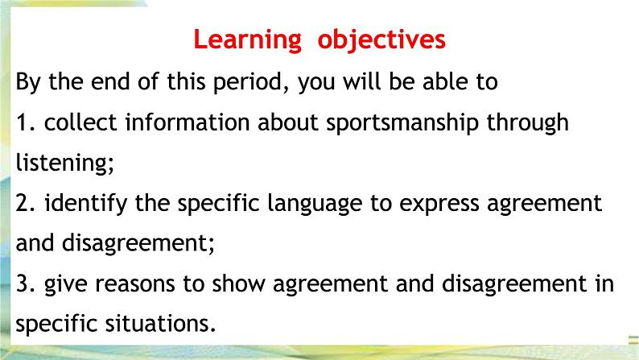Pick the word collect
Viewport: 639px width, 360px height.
pos(80,122)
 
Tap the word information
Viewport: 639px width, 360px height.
pos(188,122)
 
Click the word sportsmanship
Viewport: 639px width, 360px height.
pos(402,122)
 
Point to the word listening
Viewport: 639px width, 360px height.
pos(65,163)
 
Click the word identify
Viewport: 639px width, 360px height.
pos(85,204)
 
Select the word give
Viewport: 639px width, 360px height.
pos(66,284)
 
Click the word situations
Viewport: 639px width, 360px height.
pos(160,324)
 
